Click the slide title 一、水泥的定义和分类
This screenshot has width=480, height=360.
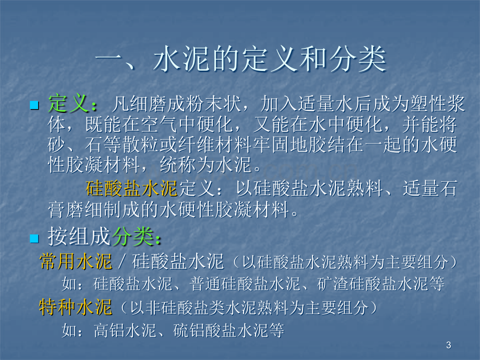click(x=241, y=59)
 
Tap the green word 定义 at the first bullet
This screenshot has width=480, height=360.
click(x=68, y=103)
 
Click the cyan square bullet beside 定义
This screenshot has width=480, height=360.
click(x=34, y=105)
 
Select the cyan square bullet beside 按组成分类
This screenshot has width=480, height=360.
click(x=34, y=238)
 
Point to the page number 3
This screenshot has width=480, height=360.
click(x=449, y=345)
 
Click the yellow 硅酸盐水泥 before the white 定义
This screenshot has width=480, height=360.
click(x=131, y=188)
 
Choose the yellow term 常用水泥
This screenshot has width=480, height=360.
click(x=76, y=261)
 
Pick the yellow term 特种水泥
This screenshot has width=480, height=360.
click(x=75, y=307)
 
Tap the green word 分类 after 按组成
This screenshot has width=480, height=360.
click(x=133, y=237)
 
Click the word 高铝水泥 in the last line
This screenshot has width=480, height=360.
click(x=125, y=331)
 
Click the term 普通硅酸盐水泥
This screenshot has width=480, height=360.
click(x=245, y=284)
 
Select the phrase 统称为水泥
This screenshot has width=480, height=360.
click(x=206, y=165)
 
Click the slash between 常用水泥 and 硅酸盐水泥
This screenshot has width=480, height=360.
click(x=122, y=262)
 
